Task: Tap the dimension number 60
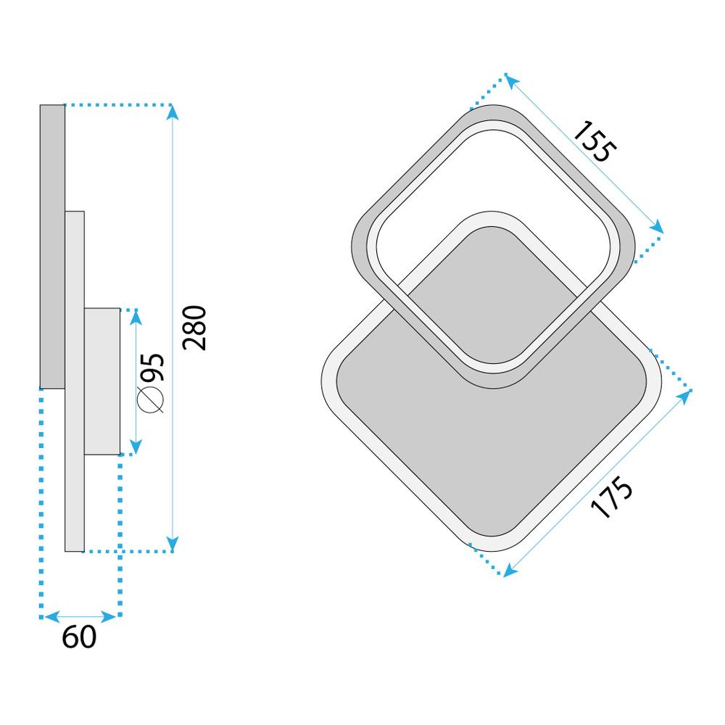coord(79,637)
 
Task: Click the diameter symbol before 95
coord(152,400)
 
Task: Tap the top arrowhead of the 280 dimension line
coord(173,110)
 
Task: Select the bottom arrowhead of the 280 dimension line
coord(173,545)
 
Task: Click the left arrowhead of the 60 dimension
coord(47,617)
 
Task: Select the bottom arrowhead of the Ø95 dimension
coord(135,450)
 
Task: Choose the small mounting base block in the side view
coord(101,381)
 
